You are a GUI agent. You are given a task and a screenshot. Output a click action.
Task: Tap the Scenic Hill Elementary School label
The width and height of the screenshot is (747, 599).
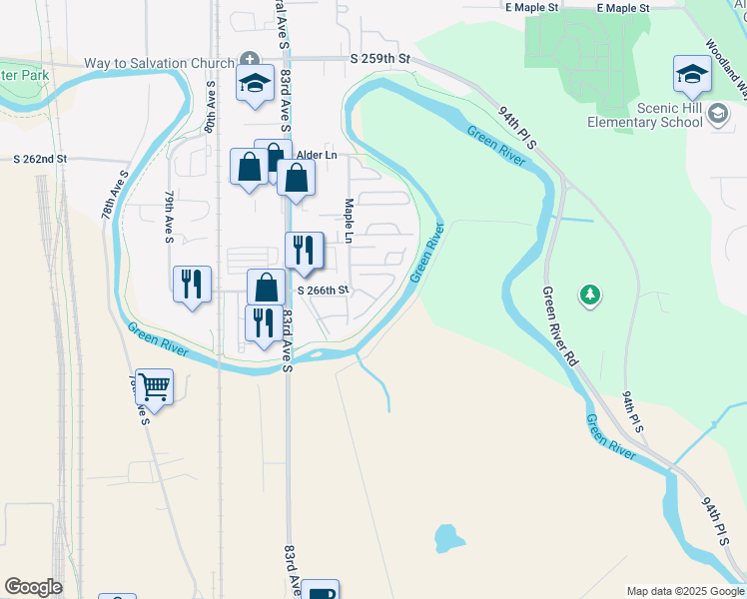645,115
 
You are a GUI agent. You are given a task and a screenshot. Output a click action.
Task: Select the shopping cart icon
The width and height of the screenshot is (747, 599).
154,385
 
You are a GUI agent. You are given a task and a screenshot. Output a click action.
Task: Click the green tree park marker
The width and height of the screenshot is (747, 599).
590,295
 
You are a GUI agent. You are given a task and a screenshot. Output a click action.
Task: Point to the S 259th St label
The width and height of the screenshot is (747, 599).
380,60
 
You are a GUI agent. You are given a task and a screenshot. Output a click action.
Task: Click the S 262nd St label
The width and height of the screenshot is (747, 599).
40,159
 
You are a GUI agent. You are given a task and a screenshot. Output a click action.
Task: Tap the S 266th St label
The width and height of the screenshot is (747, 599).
323,291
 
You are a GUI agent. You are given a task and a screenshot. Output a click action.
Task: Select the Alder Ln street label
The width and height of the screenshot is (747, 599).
316,156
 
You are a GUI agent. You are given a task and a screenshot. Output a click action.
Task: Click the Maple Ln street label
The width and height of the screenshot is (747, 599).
349,220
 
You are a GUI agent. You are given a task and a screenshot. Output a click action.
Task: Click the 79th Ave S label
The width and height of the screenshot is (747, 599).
170,218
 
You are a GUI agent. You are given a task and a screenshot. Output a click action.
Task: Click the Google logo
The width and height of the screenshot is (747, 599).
33,587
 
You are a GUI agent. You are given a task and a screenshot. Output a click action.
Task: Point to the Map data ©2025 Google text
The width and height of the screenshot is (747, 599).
684,591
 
